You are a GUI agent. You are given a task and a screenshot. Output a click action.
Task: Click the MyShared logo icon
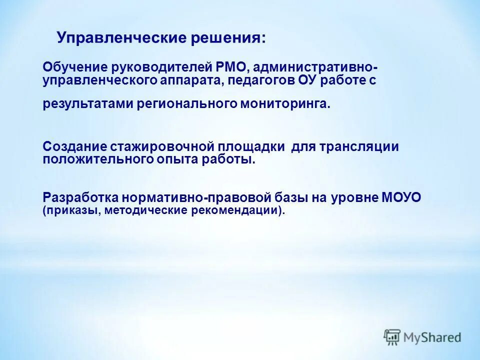[392, 337]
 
